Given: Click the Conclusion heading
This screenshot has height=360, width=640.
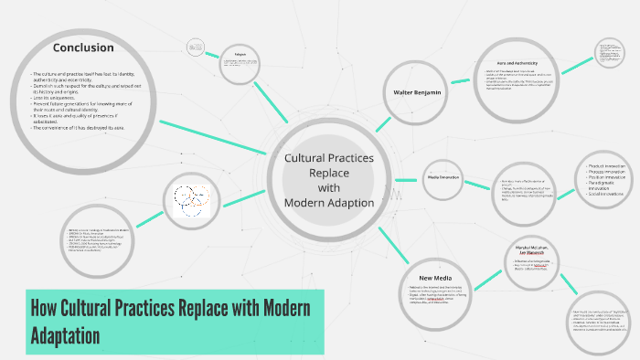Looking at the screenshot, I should point(82,48).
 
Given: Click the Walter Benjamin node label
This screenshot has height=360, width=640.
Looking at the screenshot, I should point(418,94).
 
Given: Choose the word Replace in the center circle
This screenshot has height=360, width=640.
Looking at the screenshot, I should point(328,172).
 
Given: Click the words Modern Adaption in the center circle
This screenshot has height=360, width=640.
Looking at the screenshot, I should point(328,202).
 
